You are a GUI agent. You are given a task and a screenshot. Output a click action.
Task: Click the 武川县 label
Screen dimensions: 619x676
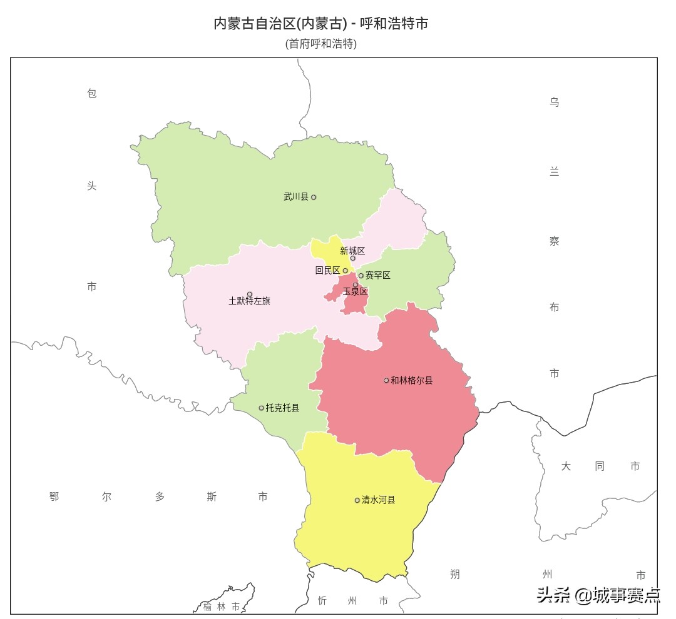click(x=296, y=197)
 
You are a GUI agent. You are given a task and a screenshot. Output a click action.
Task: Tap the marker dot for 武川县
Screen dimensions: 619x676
click(x=314, y=197)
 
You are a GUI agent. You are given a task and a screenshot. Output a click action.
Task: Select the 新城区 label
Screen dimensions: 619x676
click(x=352, y=251)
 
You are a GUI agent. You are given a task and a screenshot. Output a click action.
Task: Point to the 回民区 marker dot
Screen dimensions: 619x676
click(x=345, y=271)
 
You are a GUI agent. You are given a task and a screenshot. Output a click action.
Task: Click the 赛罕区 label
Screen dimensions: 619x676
click(x=378, y=275)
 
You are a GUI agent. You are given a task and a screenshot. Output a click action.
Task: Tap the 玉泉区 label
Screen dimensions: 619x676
click(x=355, y=291)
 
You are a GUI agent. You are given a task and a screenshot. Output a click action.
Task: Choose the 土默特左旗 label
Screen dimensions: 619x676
click(x=250, y=301)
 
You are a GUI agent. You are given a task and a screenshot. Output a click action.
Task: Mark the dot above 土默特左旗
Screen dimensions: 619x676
click(x=250, y=294)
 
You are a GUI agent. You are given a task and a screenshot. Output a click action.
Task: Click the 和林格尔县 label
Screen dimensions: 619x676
click(x=412, y=380)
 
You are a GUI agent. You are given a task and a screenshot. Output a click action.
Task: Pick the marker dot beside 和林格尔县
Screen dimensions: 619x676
click(x=386, y=380)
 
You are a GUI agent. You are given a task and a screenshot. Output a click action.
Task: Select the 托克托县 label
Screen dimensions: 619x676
click(x=283, y=408)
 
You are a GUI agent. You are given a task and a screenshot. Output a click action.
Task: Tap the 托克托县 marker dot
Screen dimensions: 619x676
click(x=262, y=408)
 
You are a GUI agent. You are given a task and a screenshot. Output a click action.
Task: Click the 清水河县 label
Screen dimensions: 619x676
click(x=379, y=500)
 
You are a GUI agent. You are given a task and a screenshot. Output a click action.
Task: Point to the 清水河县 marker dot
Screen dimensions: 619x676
click(x=357, y=500)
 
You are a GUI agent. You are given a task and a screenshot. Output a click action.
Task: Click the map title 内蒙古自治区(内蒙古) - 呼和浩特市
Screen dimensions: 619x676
click(x=321, y=24)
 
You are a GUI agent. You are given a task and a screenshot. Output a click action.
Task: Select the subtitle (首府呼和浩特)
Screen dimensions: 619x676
click(x=321, y=44)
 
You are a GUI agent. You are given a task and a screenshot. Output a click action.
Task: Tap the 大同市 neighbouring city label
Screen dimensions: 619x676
click(x=600, y=466)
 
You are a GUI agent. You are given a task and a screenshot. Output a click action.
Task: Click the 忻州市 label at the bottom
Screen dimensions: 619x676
click(x=352, y=601)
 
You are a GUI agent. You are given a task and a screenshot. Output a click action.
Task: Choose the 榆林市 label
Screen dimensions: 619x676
click(x=221, y=606)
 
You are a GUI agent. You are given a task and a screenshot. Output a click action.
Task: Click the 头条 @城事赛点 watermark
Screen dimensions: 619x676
click(x=598, y=595)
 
